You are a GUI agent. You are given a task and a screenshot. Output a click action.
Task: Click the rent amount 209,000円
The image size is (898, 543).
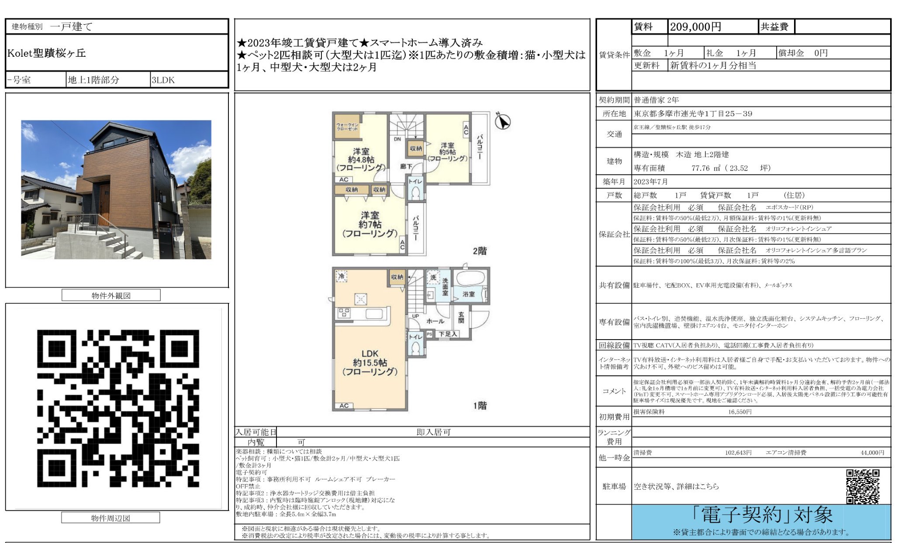tap(695, 27)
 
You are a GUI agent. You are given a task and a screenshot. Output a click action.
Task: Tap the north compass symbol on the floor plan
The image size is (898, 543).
tap(503, 121)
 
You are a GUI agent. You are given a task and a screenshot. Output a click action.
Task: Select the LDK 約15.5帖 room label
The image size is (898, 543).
tap(370, 363)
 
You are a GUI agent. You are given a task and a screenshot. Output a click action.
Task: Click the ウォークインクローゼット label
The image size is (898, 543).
tap(347, 127)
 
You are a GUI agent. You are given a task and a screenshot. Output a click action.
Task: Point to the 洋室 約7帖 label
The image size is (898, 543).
tap(370, 224)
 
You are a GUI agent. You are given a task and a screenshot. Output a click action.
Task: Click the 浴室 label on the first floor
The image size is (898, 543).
tap(469, 294)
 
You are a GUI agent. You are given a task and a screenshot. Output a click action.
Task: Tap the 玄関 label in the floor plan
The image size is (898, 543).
tap(461, 317)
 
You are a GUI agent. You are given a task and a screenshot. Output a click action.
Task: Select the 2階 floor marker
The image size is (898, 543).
tap(480, 251)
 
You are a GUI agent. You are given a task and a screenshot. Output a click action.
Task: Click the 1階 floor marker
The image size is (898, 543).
tap(480, 406)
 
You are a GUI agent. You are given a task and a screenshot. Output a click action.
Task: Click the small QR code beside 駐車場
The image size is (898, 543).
tap(863, 486)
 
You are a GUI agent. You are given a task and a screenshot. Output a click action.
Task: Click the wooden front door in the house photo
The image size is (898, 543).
tap(104, 204)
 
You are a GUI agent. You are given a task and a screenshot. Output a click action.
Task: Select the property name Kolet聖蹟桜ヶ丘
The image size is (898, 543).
tap(47, 53)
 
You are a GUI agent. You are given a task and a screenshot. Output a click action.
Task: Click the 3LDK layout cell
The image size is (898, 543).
tap(163, 80)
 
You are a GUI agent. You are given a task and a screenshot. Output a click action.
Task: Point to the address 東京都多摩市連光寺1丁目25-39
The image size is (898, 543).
tap(693, 114)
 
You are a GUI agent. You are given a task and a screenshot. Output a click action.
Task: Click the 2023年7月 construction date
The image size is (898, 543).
tap(650, 182)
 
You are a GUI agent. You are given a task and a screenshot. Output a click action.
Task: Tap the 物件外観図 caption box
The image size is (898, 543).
tap(111, 296)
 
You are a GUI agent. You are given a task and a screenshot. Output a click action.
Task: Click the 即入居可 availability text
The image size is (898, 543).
tap(433, 432)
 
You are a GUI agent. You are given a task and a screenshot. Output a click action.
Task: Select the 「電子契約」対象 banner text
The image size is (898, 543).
tap(762, 516)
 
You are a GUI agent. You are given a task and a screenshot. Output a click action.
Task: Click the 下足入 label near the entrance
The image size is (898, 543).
tap(447, 334)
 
